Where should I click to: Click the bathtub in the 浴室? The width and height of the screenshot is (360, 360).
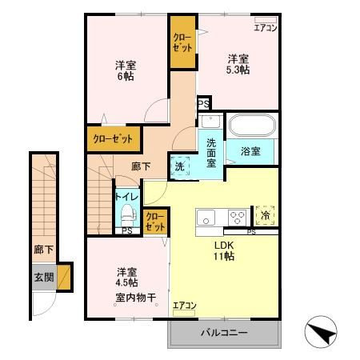252,126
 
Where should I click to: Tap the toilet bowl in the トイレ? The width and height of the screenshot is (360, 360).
128,214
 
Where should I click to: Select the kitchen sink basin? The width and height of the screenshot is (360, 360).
206,218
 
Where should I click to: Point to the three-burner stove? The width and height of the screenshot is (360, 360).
237,218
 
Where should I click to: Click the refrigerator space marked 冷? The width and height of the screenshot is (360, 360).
265,215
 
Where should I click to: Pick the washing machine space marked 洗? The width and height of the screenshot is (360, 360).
180,166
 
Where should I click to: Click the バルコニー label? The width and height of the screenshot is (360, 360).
224,333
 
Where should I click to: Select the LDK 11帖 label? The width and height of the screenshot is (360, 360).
224,250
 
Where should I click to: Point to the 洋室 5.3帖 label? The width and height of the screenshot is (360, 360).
238,64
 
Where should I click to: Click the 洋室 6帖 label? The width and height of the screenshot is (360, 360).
126,71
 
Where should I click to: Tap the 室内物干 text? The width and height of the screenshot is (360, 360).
136,298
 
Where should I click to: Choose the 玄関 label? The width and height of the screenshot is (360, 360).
44,278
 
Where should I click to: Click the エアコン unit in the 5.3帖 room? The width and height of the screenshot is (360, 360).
266,20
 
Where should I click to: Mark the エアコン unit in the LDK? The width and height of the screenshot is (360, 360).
184,313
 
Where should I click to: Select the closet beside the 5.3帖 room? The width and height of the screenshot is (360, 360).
182,42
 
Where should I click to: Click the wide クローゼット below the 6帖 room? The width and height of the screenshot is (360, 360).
113,139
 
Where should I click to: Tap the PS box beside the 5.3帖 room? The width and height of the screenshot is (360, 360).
204,103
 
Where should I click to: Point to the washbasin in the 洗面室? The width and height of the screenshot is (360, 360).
210,122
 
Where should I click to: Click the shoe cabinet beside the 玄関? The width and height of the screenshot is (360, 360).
64,278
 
